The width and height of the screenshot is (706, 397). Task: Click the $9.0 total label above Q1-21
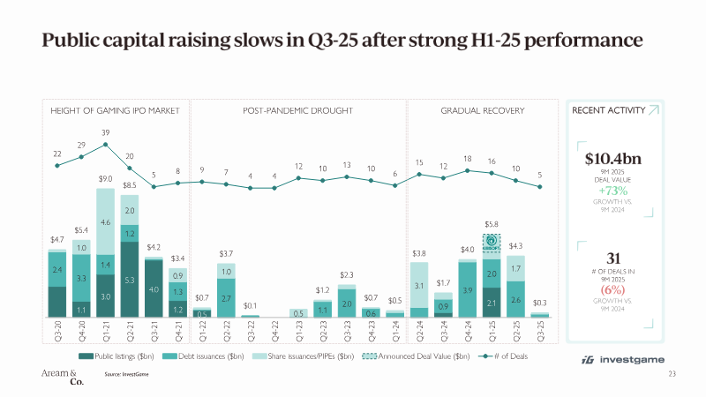[105, 179]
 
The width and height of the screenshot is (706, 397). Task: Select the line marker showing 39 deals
[105, 144]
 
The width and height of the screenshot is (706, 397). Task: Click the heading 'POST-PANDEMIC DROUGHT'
[297, 110]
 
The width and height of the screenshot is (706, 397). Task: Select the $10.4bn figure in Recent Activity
[613, 160]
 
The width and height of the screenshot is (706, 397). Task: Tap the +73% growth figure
[613, 191]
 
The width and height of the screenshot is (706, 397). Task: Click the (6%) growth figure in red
[613, 289]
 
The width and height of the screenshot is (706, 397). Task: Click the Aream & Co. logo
[59, 377]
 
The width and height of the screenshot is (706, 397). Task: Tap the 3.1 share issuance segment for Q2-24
[419, 285]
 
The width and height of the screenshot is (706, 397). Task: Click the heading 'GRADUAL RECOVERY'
[483, 110]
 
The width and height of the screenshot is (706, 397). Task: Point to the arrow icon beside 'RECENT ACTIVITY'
[652, 110]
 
